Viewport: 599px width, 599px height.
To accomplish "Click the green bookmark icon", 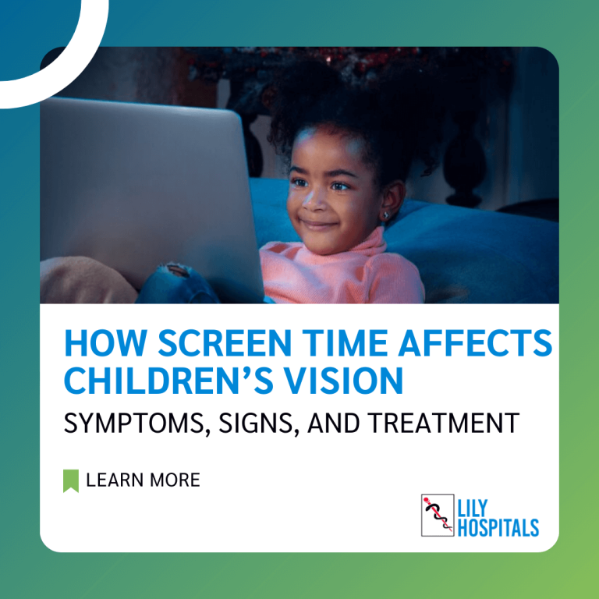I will click(71, 480).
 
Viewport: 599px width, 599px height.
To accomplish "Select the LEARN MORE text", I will click(143, 480).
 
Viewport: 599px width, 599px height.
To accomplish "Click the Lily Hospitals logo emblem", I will click(438, 515).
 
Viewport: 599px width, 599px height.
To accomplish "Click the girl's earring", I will click(387, 214).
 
